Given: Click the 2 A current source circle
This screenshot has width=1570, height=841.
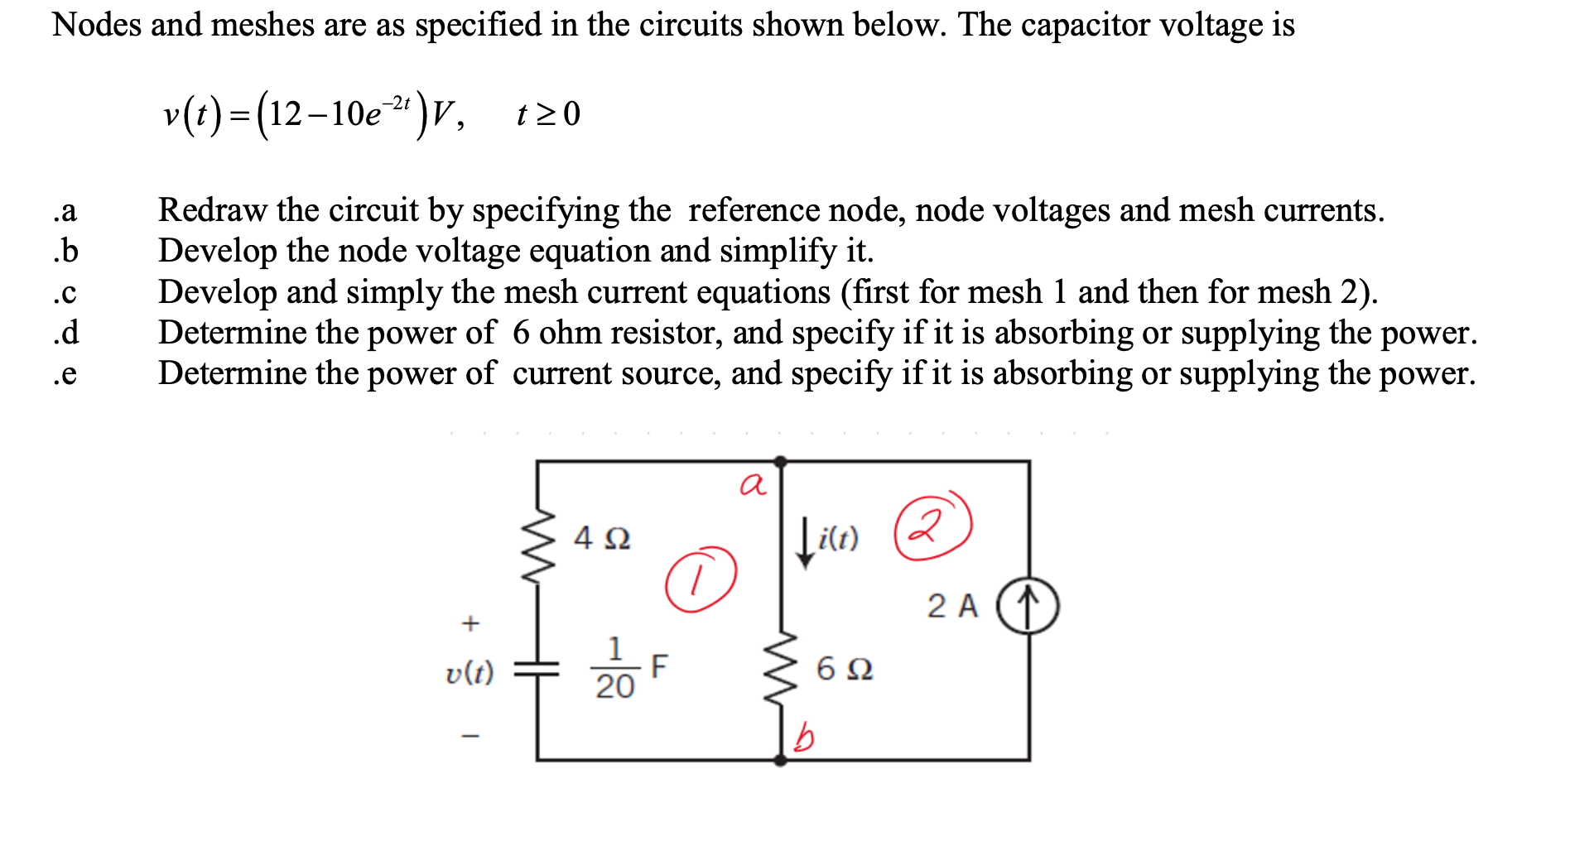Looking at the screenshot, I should [1027, 606].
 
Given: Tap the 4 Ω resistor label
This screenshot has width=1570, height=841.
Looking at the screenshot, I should [602, 538].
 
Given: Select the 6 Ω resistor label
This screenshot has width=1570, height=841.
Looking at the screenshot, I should [844, 668].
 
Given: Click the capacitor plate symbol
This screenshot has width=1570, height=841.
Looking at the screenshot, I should [537, 669].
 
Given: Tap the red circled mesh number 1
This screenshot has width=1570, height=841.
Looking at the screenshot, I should [701, 579].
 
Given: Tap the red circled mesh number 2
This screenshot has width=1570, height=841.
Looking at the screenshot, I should [932, 526].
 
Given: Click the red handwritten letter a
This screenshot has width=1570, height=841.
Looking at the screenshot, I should [753, 484].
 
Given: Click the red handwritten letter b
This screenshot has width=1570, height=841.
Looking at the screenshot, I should [803, 735].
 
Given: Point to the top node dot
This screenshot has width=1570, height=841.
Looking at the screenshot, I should [780, 461].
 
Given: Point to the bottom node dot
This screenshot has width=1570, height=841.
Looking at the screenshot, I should [780, 760].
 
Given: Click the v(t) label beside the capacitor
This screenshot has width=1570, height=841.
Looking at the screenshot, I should [470, 672].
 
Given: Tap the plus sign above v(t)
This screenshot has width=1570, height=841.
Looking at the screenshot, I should [470, 622].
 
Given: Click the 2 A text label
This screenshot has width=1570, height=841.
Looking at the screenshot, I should [952, 606].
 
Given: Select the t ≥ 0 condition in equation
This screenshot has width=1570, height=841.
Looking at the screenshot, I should [547, 113].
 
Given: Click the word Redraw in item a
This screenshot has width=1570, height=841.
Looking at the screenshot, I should [214, 210].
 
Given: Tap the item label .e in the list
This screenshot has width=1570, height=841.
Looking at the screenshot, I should [65, 373].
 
